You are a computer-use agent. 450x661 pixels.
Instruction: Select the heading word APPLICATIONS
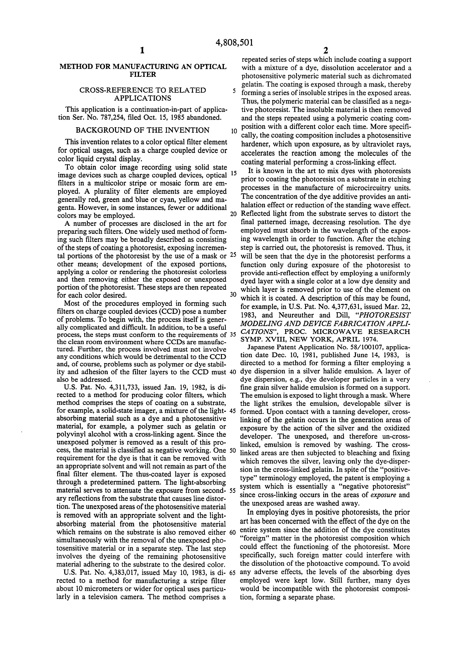click(143, 98)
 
